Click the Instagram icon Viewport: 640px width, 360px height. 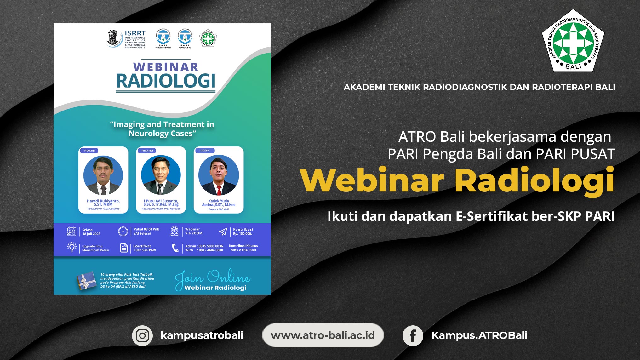tap(142, 336)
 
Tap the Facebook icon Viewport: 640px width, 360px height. tap(413, 336)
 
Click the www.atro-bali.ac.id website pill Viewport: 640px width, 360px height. tap(323, 335)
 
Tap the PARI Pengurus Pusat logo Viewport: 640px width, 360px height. tap(163, 38)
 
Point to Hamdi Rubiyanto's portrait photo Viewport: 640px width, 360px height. tap(103, 175)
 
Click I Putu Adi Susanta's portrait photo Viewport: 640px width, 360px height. tap(161, 175)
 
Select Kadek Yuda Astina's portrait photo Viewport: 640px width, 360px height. tap(219, 175)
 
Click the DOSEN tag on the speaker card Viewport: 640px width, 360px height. tap(205, 151)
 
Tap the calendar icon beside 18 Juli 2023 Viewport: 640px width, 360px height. tap(71, 231)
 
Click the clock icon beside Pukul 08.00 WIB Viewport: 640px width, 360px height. tap(123, 231)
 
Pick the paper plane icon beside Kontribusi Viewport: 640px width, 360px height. tap(223, 232)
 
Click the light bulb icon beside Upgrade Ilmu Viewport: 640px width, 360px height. tap(72, 247)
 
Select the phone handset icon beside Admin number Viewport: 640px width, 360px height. tap(175, 248)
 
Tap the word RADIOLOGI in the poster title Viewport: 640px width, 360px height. tap(166, 81)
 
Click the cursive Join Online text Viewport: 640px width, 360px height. tap(212, 277)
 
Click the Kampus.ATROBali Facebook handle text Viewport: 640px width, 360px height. tap(479, 335)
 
